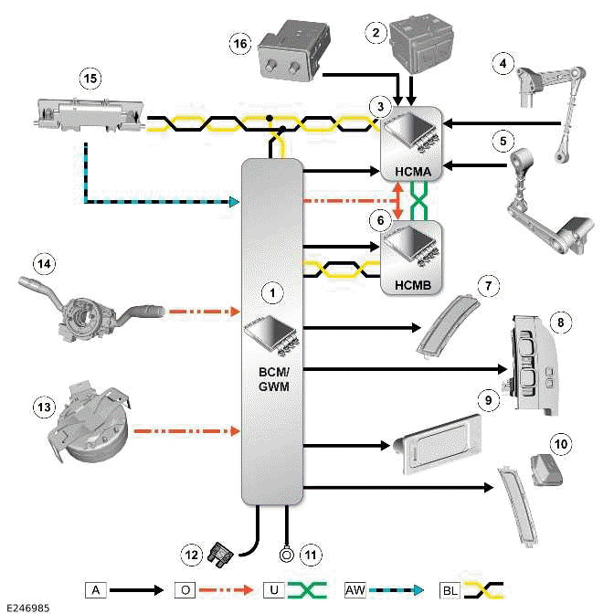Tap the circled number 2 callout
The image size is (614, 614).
(373, 32)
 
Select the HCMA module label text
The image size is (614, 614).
(410, 171)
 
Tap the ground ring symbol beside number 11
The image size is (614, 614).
(288, 553)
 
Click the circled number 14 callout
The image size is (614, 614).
(43, 263)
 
